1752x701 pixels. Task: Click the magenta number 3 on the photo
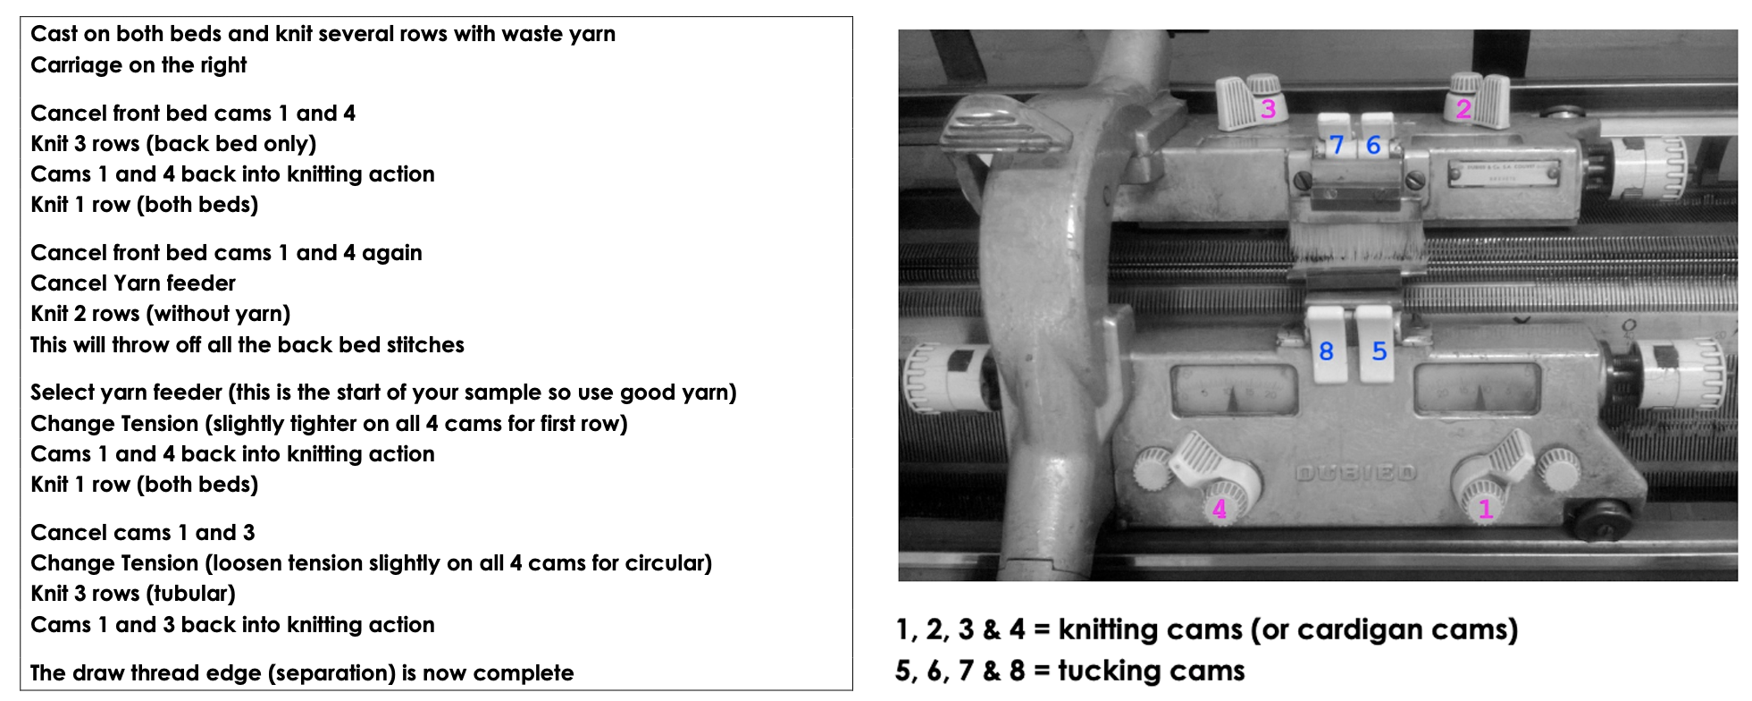coord(1268,109)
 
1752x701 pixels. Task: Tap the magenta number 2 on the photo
coord(1463,109)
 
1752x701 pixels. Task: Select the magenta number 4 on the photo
coord(1220,510)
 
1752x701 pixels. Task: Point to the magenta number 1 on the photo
coord(1486,510)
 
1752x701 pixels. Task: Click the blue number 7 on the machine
coord(1337,145)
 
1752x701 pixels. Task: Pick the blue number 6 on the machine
coord(1373,145)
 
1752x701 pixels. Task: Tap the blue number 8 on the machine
coord(1326,351)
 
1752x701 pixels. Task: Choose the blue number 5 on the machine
coord(1379,351)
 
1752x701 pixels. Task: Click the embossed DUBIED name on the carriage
coord(1355,472)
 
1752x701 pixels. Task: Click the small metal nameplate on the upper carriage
coord(1505,173)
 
